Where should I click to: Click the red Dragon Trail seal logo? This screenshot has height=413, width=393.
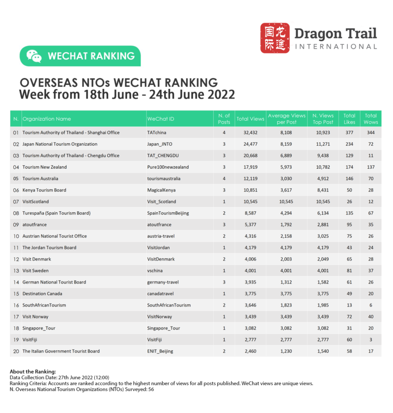tap(275, 38)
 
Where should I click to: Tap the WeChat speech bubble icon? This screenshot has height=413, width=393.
tap(34, 56)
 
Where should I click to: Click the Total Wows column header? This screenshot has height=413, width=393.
tap(370, 119)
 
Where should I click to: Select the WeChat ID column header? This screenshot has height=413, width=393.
tap(160, 119)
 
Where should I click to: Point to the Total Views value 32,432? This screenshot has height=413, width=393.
tap(251, 133)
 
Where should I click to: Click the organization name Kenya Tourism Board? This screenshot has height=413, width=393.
tap(44, 190)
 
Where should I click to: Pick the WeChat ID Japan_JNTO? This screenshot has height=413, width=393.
tap(160, 144)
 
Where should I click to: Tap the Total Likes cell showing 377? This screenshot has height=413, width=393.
tap(349, 133)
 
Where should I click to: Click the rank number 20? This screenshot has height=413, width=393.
tap(16, 351)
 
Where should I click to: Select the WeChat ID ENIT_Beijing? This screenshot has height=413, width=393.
tap(160, 351)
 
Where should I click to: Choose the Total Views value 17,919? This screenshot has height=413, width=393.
tap(251, 167)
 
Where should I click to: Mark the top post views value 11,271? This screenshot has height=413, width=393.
tap(323, 144)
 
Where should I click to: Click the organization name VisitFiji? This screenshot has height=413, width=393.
tap(32, 339)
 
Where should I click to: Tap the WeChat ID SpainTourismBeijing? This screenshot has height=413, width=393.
tap(168, 213)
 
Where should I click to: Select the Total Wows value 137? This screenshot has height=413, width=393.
tap(370, 167)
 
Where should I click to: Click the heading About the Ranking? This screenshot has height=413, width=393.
tap(32, 371)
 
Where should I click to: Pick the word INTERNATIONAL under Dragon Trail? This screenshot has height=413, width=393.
tap(336, 47)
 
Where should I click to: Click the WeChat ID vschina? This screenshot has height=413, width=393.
tap(156, 271)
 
